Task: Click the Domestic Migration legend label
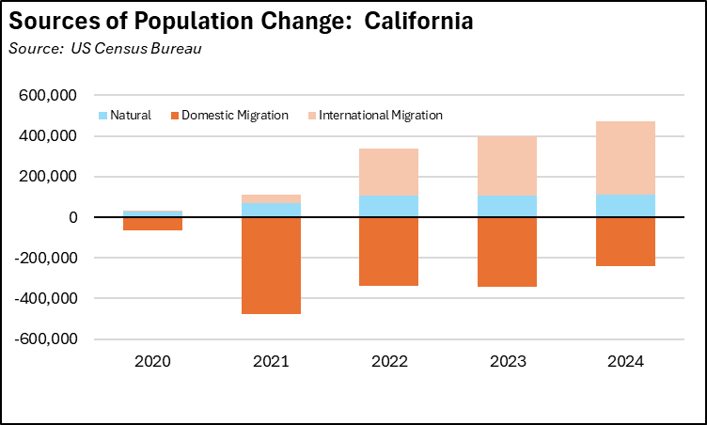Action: (234, 116)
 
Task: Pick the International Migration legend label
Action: (381, 116)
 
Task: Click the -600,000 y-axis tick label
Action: (55, 338)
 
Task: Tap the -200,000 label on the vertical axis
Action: (55, 258)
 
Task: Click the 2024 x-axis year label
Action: (625, 361)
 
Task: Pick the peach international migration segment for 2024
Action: (625, 158)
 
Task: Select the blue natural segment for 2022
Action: (389, 206)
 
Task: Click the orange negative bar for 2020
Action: (152, 224)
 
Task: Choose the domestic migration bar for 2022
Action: (389, 251)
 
